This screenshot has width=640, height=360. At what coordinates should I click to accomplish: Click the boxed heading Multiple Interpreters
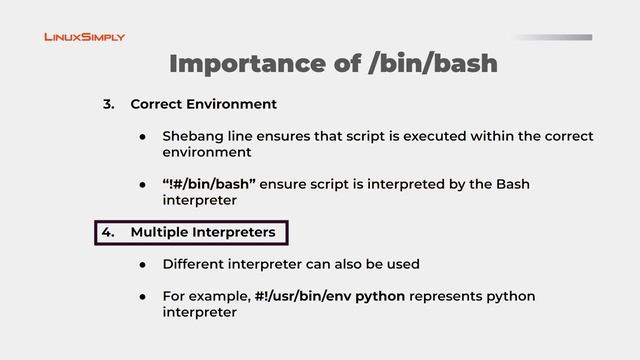203,233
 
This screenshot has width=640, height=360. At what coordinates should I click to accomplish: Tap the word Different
194,265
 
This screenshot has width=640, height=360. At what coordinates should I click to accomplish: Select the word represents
465,297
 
